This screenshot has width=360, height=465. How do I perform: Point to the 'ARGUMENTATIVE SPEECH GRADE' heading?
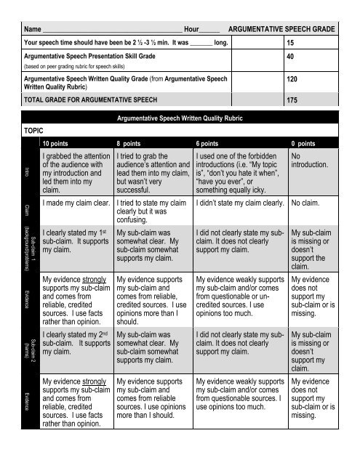282,29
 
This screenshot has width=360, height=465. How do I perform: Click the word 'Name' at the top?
32,29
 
